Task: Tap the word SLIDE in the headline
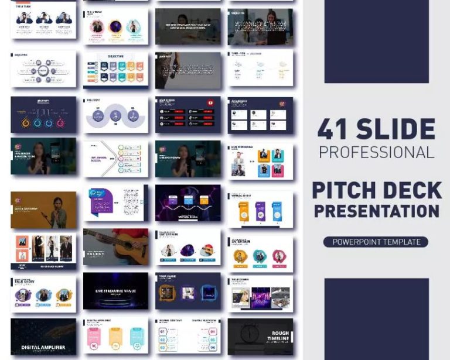coord(396,129)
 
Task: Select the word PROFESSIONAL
coord(376,152)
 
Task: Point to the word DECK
coord(414,190)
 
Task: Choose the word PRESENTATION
coord(376,210)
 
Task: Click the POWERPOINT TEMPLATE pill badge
coord(376,242)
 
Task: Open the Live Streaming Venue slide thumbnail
coord(115,291)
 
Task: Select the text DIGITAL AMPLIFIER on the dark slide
coord(43,347)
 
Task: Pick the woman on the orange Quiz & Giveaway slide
coord(57,212)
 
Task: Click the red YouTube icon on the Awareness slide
coord(210,103)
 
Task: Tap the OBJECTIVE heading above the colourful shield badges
coord(115,57)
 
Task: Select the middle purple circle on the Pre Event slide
coord(115,116)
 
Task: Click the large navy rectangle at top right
coord(376,41)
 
